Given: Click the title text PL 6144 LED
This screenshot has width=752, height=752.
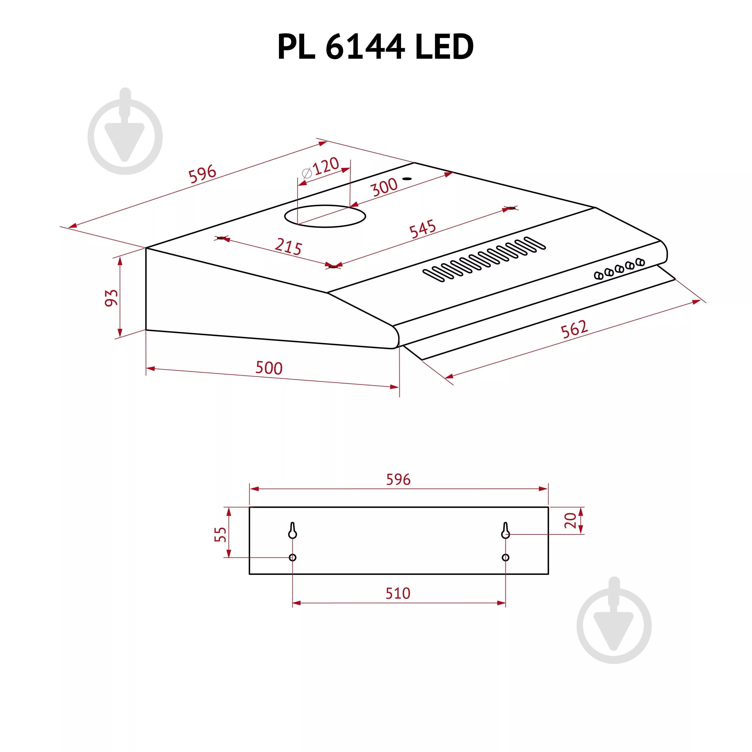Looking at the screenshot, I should click(x=375, y=47).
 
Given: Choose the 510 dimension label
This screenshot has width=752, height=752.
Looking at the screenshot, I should click(x=398, y=593).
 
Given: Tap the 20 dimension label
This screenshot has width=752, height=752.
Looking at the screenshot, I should click(x=570, y=520).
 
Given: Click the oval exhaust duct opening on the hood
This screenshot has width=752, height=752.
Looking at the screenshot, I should click(x=325, y=216).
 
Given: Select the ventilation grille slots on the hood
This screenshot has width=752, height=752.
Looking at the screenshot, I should click(x=485, y=259).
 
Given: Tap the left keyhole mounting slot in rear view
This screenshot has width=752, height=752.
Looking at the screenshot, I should click(x=293, y=530).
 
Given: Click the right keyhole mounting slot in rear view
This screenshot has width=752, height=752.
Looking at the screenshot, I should click(x=505, y=530).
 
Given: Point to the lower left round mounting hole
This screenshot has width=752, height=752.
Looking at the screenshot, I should click(x=293, y=557).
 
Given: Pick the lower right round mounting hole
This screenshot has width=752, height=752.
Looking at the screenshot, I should click(x=505, y=557).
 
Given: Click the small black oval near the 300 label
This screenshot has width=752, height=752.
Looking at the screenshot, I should click(x=407, y=179).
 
